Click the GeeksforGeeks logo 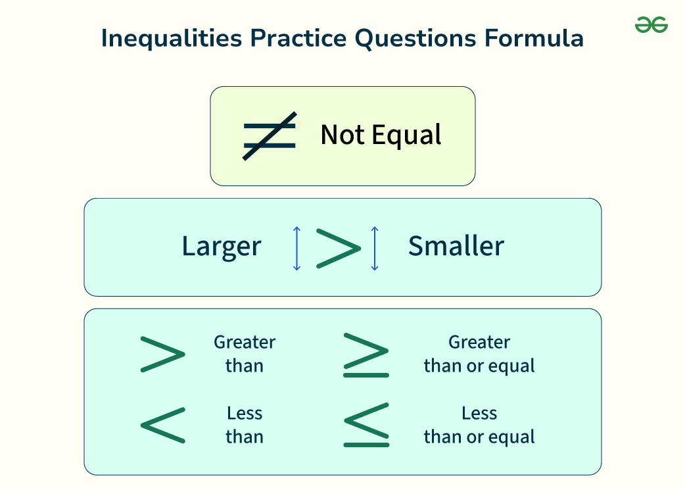coord(651,24)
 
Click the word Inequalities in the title coord(171,38)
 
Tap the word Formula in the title coord(534,38)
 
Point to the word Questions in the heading coord(415,38)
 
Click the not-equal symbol coord(270,136)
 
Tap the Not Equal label coord(381,135)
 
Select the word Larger coord(222,247)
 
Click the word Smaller coord(456,245)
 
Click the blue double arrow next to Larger coord(296,248)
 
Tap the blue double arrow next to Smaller coord(375,248)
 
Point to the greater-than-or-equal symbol coord(366,355)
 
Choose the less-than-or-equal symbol coord(366,425)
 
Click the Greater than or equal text coord(479,355)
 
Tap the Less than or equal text coord(479,426)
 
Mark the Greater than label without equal coord(245,354)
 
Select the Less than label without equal coord(245,426)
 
